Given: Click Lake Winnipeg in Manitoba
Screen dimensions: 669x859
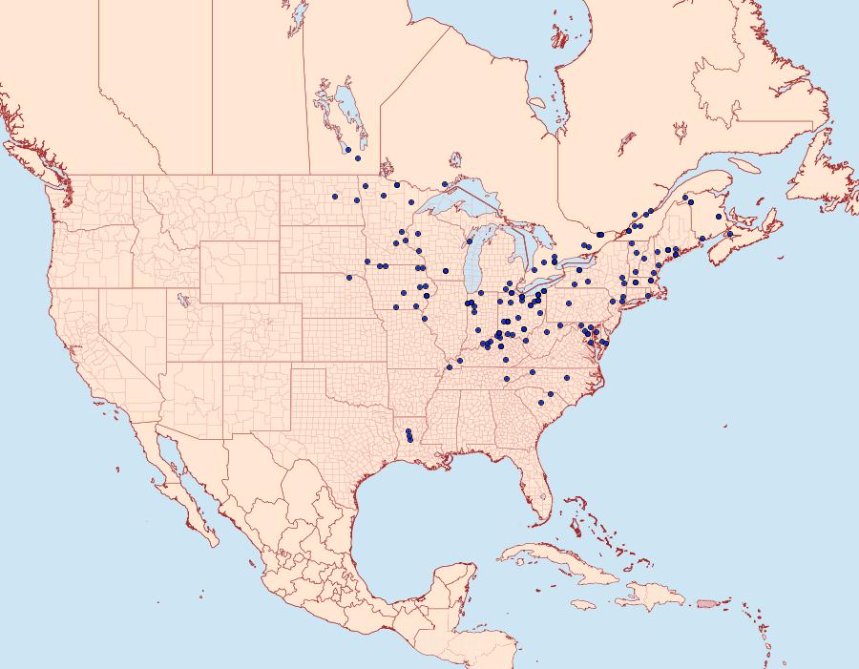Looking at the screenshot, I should (349, 115).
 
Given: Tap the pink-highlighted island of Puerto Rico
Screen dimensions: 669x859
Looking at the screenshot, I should (706, 602).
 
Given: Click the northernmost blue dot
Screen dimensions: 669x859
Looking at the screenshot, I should (348, 150).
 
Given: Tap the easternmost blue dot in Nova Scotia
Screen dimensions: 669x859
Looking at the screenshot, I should (729, 234).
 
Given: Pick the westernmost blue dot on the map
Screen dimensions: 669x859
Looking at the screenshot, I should (335, 197).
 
